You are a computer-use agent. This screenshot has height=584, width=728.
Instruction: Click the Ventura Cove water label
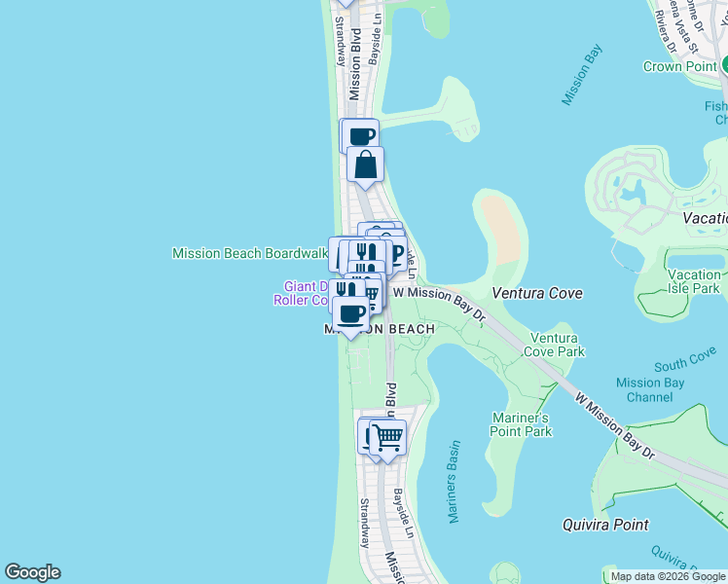[x=536, y=293]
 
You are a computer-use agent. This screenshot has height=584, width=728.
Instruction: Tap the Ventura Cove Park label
[x=556, y=345]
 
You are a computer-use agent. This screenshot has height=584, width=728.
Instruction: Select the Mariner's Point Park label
[x=521, y=424]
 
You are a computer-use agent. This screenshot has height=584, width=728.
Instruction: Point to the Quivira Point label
[x=605, y=525]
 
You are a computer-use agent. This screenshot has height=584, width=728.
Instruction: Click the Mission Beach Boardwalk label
[x=249, y=253]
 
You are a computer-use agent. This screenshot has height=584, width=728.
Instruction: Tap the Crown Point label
[x=680, y=66]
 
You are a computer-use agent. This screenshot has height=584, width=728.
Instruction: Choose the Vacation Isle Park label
[x=693, y=281]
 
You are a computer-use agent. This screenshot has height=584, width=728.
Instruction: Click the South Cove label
[x=685, y=362]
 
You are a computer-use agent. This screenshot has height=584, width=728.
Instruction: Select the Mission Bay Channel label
[x=651, y=389]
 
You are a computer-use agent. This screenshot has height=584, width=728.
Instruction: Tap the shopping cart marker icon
[x=387, y=437]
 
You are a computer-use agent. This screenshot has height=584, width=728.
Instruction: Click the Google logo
[x=32, y=572]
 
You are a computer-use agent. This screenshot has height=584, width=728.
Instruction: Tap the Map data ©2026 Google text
[x=668, y=576]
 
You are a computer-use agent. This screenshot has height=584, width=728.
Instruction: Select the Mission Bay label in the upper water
[x=584, y=74]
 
